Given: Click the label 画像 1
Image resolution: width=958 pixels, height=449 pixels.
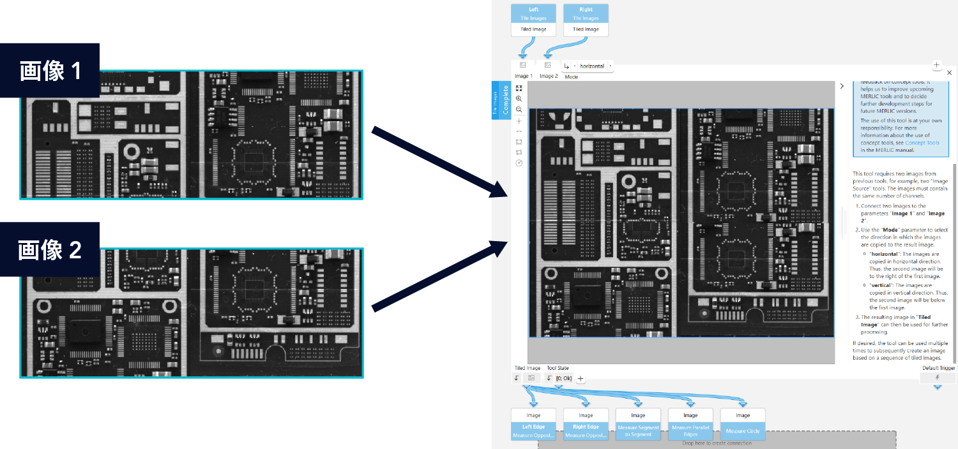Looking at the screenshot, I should tap(50, 71).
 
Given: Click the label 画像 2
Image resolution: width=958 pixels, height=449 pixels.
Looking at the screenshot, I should tap(50, 250).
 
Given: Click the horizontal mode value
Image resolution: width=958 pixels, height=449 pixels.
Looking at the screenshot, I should tap(591, 66).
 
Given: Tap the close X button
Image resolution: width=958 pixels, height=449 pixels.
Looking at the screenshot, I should tap(949, 73).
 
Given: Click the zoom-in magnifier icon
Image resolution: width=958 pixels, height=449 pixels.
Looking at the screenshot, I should tap(519, 99).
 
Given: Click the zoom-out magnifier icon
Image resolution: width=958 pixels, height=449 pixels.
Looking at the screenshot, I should tap(519, 110).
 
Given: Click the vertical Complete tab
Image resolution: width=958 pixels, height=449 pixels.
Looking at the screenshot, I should tap(505, 101).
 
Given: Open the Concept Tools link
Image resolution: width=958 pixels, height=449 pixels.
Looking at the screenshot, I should tap(922, 143).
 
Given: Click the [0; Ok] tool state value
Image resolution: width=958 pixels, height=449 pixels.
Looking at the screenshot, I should tap(563, 378).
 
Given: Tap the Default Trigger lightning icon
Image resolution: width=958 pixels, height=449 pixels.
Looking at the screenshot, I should tap(938, 378).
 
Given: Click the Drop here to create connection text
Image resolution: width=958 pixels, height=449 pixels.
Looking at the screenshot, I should tap(717, 443).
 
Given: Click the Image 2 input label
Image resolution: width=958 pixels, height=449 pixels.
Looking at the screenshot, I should tap(548, 77).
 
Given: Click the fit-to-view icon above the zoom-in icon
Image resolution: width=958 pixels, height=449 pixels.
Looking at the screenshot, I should tap(519, 89).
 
